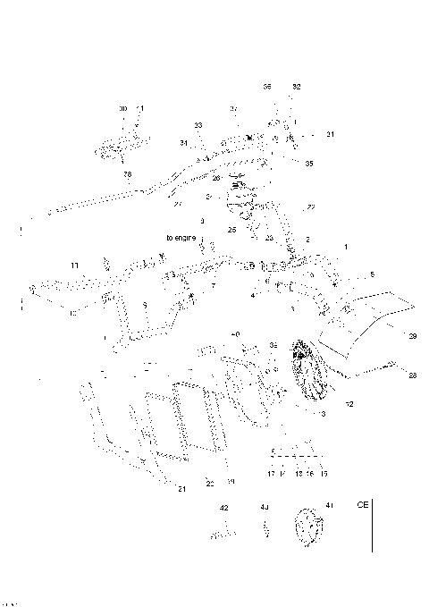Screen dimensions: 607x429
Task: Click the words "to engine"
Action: point(181,237)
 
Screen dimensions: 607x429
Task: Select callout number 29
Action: point(412,337)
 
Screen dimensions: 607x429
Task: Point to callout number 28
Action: point(412,375)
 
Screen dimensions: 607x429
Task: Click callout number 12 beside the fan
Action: point(349,405)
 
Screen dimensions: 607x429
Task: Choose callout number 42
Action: point(224,507)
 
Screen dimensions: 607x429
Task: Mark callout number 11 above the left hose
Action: point(75,266)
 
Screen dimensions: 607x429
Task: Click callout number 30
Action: point(123,108)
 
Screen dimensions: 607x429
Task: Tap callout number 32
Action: point(297,87)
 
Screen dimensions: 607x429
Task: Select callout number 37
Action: point(234,108)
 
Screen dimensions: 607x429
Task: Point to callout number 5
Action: point(373,274)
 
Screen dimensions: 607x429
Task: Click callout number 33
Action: point(198,124)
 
